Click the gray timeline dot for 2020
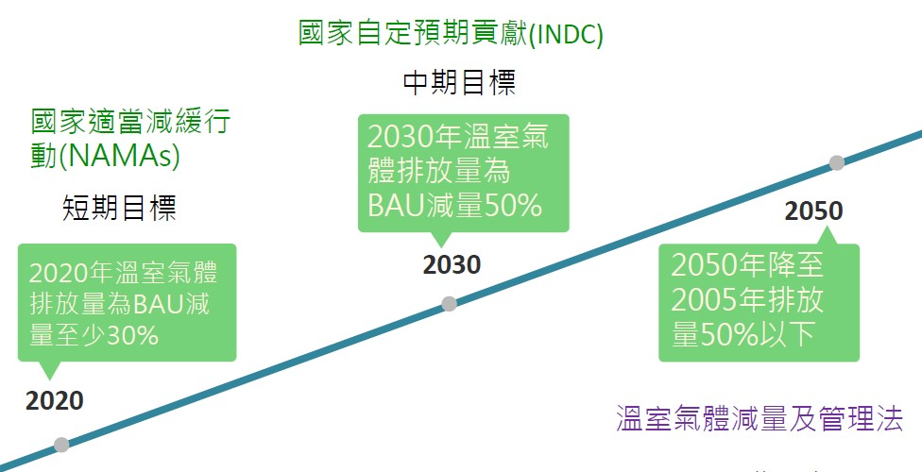(x=61, y=445)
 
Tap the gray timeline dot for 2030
(x=450, y=303)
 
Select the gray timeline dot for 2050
(x=836, y=162)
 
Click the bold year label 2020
(x=54, y=401)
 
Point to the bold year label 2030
(x=452, y=265)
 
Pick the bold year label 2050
(x=813, y=211)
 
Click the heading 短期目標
(x=119, y=208)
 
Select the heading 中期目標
(x=459, y=83)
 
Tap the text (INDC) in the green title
(x=566, y=34)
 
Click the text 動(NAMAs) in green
(x=105, y=156)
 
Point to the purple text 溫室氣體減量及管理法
(x=760, y=418)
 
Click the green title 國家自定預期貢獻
(x=413, y=33)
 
